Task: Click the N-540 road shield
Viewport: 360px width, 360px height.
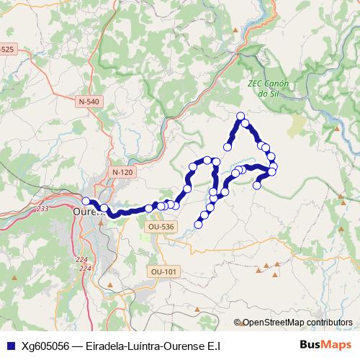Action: tap(89, 102)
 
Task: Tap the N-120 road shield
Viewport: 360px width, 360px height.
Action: tap(122, 172)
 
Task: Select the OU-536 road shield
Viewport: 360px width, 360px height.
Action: tap(161, 226)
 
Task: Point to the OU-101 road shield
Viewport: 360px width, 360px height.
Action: tap(164, 271)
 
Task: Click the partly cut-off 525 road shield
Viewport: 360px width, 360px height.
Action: tap(6, 49)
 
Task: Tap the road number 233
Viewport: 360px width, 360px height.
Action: tap(43, 208)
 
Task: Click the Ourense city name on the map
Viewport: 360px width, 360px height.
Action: tap(89, 213)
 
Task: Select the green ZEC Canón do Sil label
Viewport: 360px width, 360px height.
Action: tap(268, 89)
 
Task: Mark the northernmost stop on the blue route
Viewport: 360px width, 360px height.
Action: tap(241, 116)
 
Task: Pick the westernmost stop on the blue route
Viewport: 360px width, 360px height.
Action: tap(86, 201)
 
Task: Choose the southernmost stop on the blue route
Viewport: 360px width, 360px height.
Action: tap(199, 223)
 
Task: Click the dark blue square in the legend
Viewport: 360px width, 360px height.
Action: tap(9, 345)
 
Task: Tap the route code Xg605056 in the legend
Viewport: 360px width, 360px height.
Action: tap(45, 345)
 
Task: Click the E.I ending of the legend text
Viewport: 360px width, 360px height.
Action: tap(214, 345)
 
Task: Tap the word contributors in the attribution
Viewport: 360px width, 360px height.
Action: tap(331, 323)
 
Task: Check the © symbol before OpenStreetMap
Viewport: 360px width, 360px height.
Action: tap(238, 323)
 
